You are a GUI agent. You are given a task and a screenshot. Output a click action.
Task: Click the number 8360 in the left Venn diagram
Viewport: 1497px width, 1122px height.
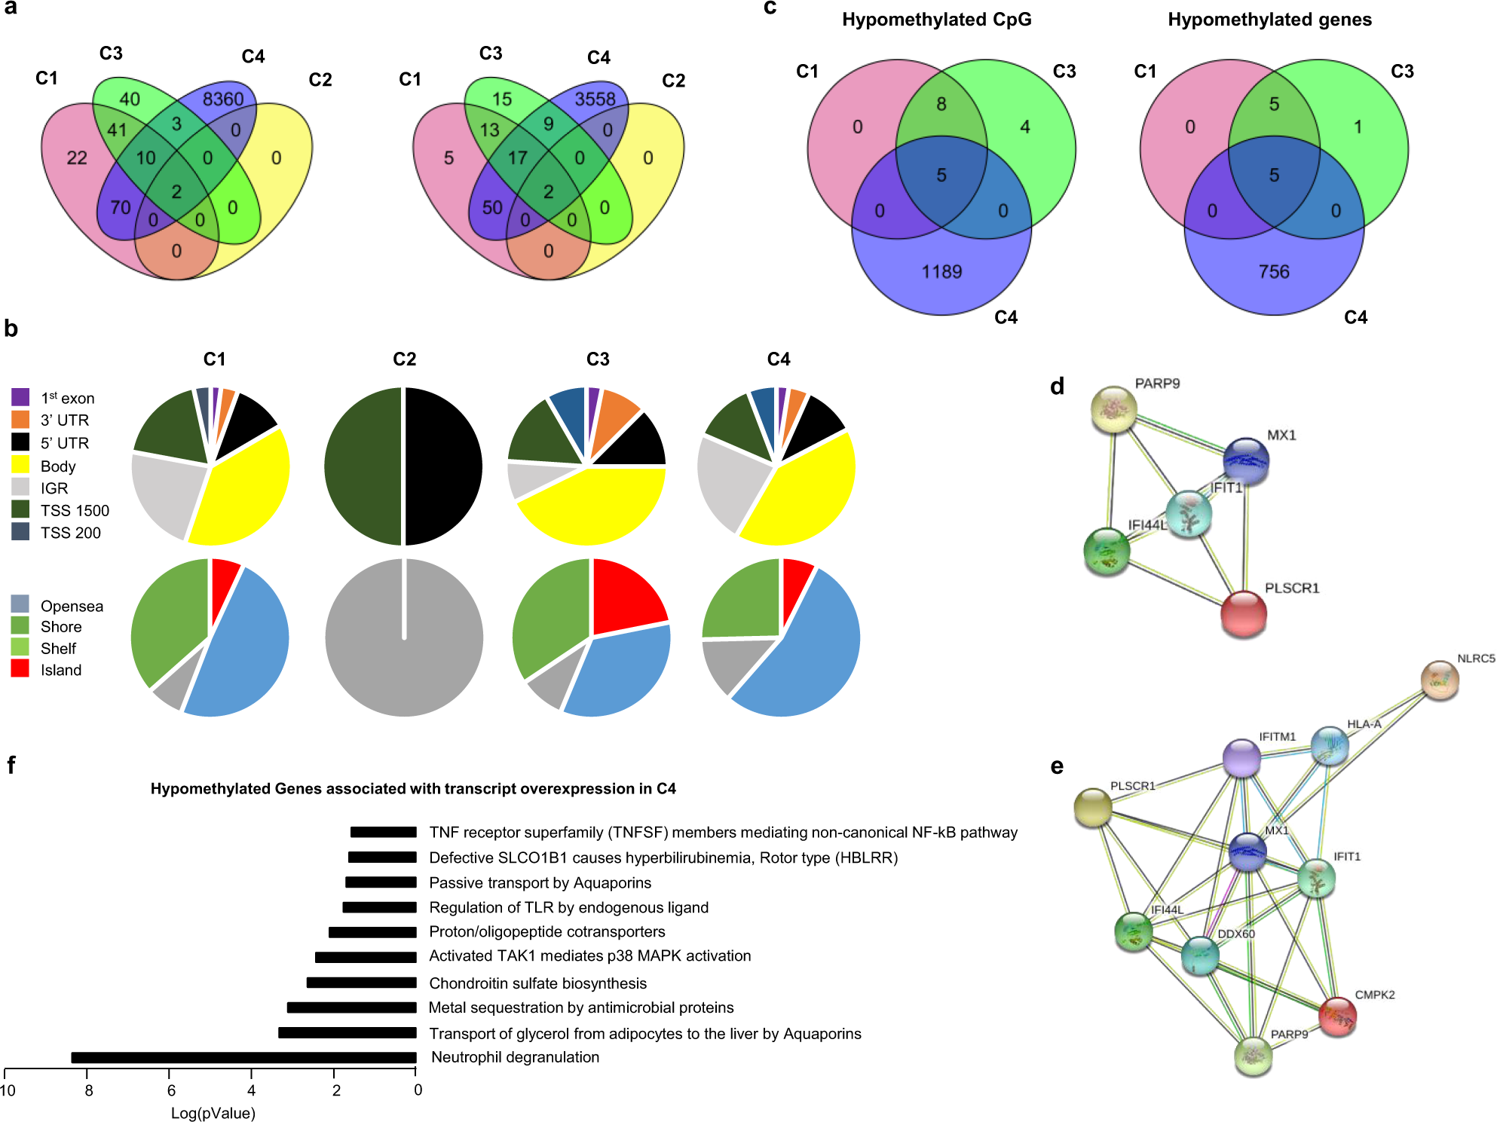[223, 99]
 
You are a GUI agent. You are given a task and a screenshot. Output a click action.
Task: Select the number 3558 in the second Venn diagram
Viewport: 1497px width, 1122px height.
[595, 99]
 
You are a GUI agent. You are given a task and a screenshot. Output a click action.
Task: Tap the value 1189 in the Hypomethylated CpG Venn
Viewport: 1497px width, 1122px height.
[941, 271]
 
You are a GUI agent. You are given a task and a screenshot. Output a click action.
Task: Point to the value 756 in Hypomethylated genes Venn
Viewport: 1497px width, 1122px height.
[1274, 271]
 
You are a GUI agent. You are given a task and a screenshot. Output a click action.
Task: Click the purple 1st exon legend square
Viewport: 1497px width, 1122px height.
[20, 397]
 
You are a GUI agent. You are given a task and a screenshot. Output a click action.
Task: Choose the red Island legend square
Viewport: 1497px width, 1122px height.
[20, 668]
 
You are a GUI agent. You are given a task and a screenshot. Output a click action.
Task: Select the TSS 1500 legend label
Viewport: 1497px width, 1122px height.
[75, 510]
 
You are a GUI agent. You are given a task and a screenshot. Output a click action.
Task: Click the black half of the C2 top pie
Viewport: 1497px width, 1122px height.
[443, 466]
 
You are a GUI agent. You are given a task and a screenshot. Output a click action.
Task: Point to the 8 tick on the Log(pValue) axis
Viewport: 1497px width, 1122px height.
[88, 1090]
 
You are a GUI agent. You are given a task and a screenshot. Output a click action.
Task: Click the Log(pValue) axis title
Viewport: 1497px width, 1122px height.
[213, 1113]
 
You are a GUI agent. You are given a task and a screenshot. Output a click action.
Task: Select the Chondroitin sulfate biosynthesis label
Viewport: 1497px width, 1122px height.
[537, 983]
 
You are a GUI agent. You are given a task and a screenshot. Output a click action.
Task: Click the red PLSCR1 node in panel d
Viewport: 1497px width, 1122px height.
[1243, 613]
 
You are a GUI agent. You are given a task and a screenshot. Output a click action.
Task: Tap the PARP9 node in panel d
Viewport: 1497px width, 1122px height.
[1113, 409]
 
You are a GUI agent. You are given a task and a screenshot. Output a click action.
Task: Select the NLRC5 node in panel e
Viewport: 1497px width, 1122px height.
[1439, 679]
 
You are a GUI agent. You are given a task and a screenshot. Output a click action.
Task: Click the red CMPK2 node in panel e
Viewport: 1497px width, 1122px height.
[1337, 1016]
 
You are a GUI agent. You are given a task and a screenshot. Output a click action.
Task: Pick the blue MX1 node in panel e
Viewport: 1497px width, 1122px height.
[1247, 851]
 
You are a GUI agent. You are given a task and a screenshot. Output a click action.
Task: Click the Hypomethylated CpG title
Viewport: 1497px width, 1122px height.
[936, 20]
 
